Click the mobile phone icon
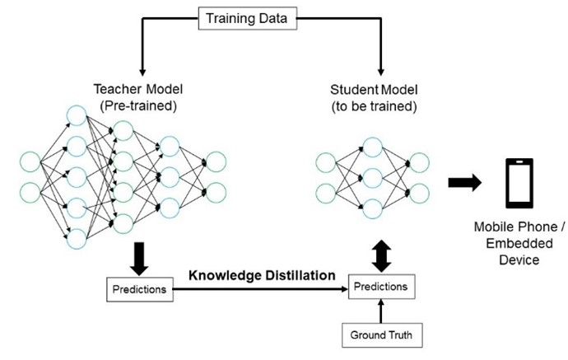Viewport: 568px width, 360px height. pyautogui.click(x=519, y=184)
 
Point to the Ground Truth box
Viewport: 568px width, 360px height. pyautogui.click(x=379, y=335)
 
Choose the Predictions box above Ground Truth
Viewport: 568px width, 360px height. pyautogui.click(x=379, y=287)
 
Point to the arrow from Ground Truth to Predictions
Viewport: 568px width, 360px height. pyautogui.click(x=379, y=311)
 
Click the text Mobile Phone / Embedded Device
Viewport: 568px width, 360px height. pyautogui.click(x=519, y=243)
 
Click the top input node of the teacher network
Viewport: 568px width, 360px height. pyautogui.click(x=31, y=161)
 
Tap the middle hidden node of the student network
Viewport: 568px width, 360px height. pyautogui.click(x=372, y=177)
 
